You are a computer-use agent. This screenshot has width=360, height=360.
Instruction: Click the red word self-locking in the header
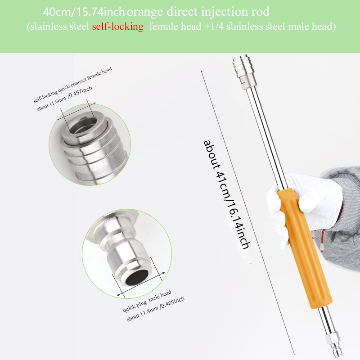[x=118, y=27]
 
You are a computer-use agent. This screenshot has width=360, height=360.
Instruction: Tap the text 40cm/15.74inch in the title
[x=84, y=12]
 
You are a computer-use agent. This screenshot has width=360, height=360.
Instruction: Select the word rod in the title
[x=261, y=12]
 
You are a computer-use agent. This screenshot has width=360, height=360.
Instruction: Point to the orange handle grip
[x=305, y=248]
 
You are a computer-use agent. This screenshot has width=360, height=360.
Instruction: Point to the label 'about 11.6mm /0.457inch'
[x=65, y=99]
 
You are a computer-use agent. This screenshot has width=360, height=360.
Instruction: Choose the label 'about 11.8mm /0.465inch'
[x=156, y=309]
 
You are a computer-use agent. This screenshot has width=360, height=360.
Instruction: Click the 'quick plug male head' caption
[x=147, y=301]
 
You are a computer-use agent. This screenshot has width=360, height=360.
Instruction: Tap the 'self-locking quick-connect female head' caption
[x=72, y=85]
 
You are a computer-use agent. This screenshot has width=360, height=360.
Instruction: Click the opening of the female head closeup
[x=83, y=126]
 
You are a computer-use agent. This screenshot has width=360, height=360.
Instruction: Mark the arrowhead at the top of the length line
[x=202, y=72]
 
